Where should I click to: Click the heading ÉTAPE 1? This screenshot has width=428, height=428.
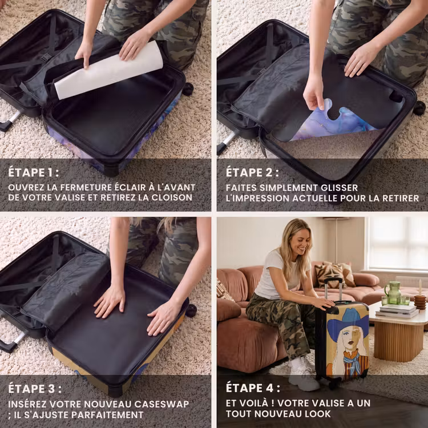(33, 172)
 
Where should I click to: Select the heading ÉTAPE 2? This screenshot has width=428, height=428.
(252, 172)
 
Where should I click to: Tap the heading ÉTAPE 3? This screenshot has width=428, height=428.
(34, 389)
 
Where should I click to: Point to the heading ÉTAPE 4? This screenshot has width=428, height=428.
(253, 388)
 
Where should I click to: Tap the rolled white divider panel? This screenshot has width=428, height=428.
(108, 70)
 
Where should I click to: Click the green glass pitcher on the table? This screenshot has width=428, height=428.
(393, 292)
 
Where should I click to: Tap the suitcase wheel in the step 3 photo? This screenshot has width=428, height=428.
(191, 310)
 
